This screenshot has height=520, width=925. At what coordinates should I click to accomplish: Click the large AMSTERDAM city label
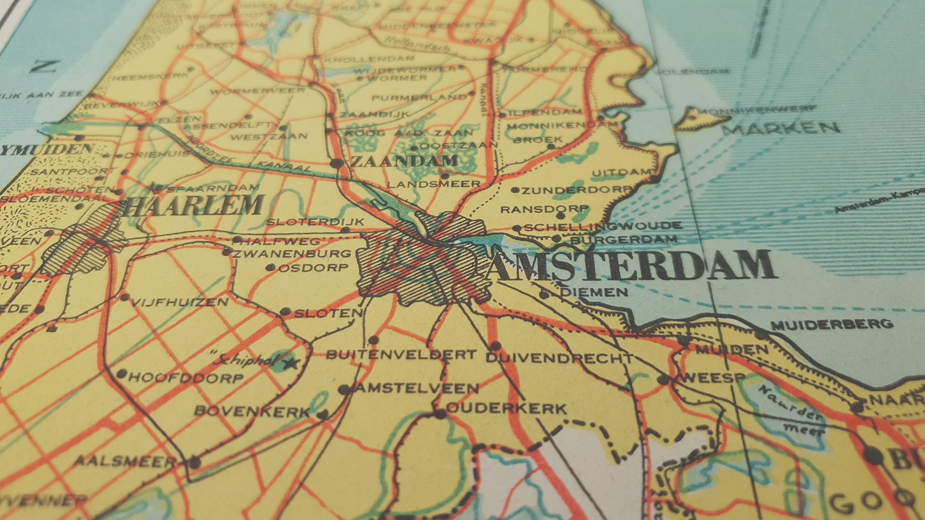632,265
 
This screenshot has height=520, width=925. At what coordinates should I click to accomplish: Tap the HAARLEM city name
194,206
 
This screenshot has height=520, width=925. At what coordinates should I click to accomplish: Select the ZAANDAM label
404,161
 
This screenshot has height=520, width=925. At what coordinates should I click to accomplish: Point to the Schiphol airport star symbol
292,364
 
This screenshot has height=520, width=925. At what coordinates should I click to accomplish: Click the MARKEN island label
780,128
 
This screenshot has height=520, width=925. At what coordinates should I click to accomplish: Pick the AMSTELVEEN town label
416,388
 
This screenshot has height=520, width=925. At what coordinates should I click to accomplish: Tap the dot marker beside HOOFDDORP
122,374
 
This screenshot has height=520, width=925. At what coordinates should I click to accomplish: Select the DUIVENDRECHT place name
559,358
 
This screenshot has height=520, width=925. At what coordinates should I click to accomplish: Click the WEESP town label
712,378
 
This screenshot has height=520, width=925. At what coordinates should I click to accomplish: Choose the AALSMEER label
125,460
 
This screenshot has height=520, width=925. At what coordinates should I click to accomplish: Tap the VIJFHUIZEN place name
179,302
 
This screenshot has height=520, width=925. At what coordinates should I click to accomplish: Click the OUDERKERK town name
507,409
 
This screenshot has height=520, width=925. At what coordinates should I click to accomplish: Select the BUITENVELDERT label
401,354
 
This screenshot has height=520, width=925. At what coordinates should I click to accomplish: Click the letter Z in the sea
43,67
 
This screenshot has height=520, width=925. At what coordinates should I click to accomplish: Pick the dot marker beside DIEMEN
544,294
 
